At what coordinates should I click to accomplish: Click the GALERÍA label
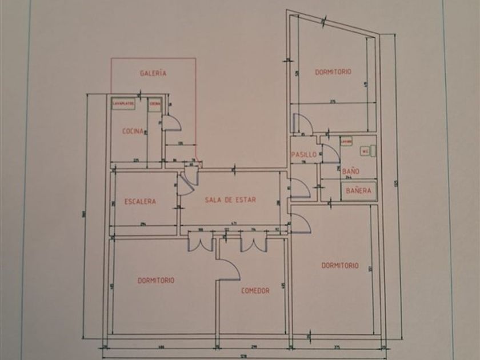coord(153,73)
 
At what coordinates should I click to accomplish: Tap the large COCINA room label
coord(133,131)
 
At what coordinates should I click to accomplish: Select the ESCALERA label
coord(140,201)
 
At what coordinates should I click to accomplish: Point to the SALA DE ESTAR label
coord(231,200)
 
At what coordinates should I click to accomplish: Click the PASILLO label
coord(303,155)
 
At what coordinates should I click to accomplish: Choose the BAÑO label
coord(351,170)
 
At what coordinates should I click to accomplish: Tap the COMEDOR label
coord(255,291)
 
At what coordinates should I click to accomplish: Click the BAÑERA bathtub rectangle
coord(359,191)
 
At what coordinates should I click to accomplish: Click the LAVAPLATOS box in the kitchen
coord(123,104)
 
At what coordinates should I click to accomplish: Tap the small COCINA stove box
coord(155,104)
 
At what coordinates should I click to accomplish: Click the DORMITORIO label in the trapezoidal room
coord(333,72)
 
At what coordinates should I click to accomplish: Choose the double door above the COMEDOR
coord(254,242)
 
